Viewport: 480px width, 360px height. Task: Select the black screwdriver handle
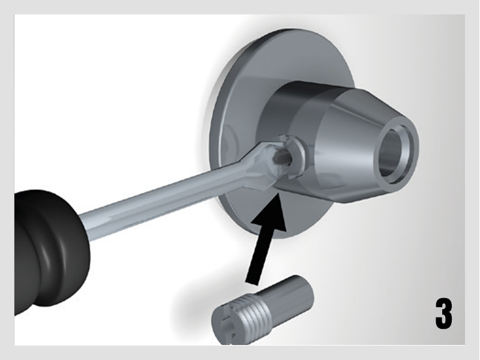pos(49,251)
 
